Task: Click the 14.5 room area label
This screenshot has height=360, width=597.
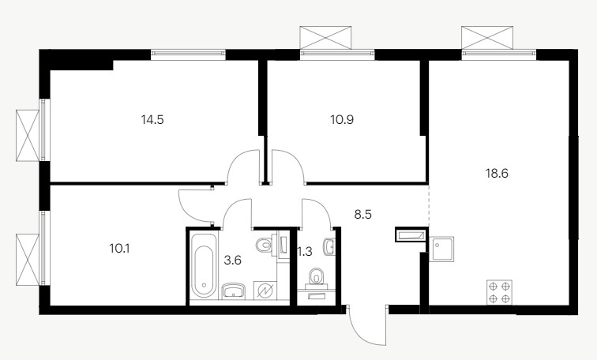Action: [152, 120]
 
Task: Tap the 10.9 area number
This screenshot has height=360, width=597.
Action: [342, 120]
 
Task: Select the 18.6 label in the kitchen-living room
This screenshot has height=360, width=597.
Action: [497, 174]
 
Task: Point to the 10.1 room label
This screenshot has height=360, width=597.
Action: [119, 249]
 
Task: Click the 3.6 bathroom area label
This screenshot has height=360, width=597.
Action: [233, 261]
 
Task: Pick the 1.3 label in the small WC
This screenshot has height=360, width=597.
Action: [305, 252]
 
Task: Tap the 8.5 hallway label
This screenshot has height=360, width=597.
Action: [362, 215]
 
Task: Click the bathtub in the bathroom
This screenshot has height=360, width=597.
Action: [204, 265]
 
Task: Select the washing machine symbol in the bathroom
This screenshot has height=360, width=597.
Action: [265, 291]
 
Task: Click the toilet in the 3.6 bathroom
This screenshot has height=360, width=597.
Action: [267, 244]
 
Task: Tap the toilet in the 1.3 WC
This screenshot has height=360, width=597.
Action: [316, 276]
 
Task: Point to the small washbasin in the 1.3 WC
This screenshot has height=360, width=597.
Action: [329, 246]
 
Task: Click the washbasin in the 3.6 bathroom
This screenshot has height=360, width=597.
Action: [234, 291]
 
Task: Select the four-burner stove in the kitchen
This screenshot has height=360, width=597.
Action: [500, 292]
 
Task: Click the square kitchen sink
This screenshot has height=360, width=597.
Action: [441, 249]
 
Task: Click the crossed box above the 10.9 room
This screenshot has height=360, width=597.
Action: [325, 37]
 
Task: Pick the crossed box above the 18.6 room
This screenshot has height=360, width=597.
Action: [487, 37]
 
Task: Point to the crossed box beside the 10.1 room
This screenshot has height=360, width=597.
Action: [28, 260]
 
